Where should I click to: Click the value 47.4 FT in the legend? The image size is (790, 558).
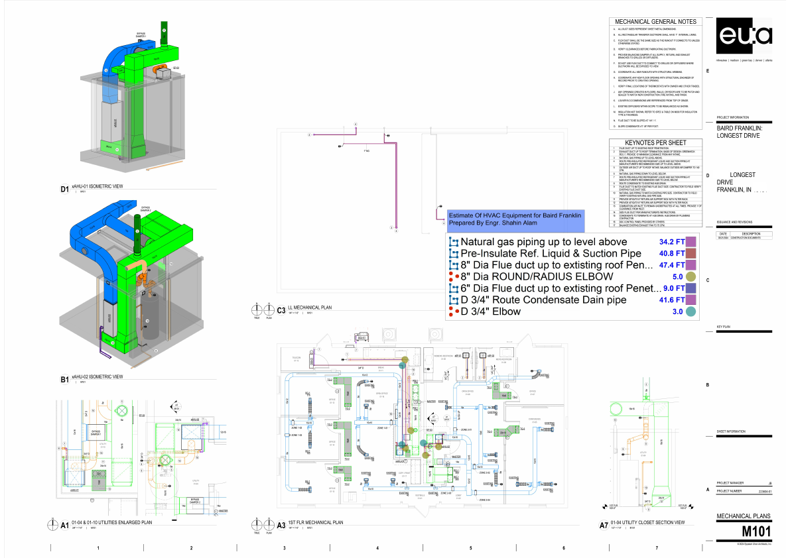pos(671,266)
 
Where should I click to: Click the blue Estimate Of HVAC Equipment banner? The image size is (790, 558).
pos(515,219)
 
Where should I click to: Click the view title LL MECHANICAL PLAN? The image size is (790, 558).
pos(310,308)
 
